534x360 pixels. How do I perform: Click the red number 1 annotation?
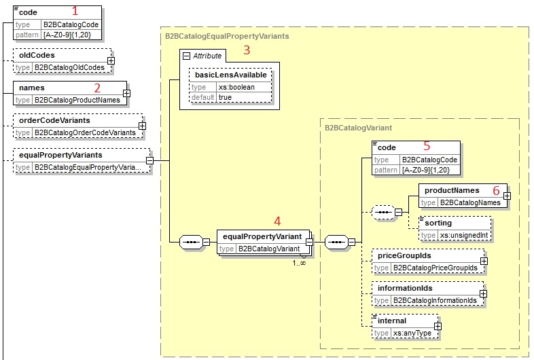pos(75,11)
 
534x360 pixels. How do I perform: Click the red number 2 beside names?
pos(97,88)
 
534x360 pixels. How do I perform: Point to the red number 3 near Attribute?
pos(247,50)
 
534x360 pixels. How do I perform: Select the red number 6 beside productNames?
pos(495,191)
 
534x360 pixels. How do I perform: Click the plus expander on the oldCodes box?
pos(111,60)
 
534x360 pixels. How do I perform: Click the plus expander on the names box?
pos(126,93)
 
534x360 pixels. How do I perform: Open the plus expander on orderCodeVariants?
pos(141,126)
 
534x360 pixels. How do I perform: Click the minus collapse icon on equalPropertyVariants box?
pos(149,161)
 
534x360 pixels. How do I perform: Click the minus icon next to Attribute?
pos(185,55)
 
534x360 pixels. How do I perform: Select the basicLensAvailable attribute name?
pos(230,75)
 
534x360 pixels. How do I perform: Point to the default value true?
pos(226,97)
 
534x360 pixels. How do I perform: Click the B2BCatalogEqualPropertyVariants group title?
pos(227,35)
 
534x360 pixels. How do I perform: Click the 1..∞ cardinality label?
pos(299,263)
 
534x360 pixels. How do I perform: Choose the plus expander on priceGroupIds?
pos(483,261)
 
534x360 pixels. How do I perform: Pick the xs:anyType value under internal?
pos(409,333)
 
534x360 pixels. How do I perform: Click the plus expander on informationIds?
pos(483,293)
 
